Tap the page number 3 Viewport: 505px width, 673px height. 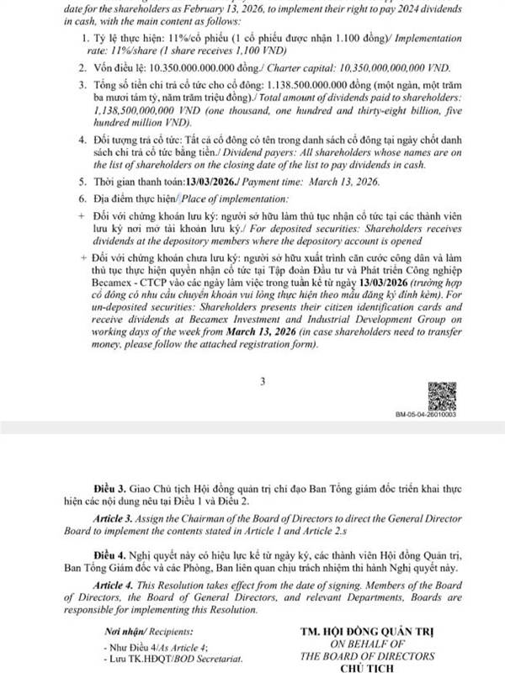[263, 383]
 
